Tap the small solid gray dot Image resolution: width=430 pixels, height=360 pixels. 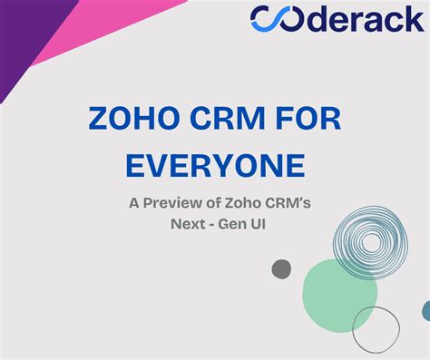pyautogui.click(x=282, y=268)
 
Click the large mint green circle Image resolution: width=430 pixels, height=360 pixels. pyautogui.click(x=339, y=295)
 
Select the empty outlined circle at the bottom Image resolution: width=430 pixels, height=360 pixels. pyautogui.click(x=376, y=331)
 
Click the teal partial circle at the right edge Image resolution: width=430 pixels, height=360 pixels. pyautogui.click(x=425, y=311)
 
